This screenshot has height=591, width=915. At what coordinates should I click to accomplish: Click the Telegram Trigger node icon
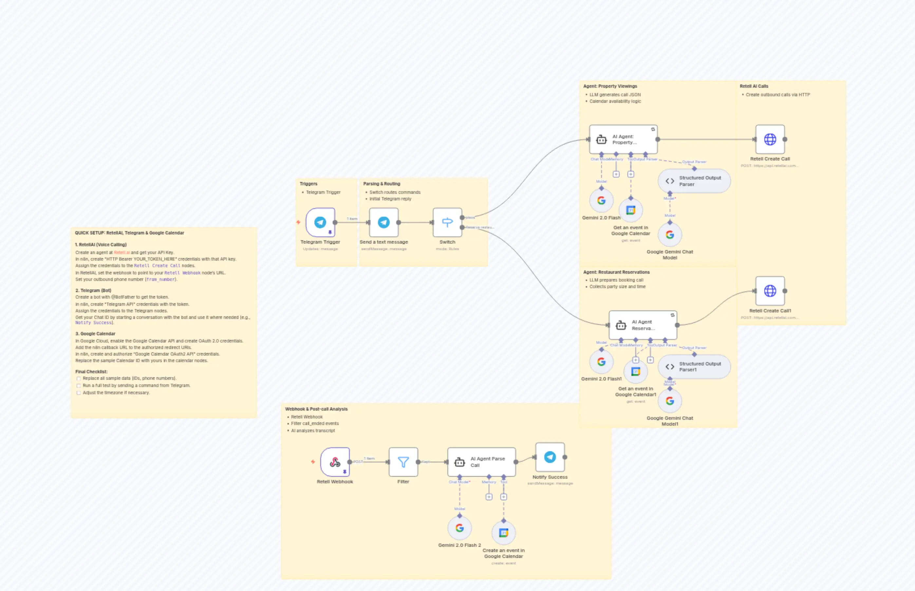(x=320, y=222)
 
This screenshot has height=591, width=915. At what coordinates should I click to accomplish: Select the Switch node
(x=447, y=222)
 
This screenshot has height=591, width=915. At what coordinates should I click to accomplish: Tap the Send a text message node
(x=383, y=222)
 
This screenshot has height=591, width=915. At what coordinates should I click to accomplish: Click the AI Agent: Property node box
(x=623, y=139)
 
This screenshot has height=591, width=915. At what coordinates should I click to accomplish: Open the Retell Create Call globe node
(x=770, y=139)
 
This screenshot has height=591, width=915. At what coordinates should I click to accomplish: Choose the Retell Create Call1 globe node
(x=770, y=291)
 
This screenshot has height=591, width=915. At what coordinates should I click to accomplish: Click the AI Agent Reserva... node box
(x=643, y=325)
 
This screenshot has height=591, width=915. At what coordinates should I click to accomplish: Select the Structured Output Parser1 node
(x=694, y=366)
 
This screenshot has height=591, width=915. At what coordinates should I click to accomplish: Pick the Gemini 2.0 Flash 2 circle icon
(x=459, y=528)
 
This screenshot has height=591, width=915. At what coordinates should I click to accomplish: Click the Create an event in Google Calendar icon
(x=504, y=533)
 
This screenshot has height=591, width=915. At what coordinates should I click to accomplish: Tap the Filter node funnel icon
(x=403, y=462)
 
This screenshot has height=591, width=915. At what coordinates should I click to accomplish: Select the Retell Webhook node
(x=335, y=462)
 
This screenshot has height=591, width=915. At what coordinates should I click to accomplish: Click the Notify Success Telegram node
(x=550, y=457)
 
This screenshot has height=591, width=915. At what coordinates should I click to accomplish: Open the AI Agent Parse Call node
(x=481, y=462)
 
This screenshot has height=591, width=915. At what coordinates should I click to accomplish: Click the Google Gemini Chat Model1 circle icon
(x=670, y=401)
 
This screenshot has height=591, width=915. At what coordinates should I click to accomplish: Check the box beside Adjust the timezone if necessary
(x=79, y=393)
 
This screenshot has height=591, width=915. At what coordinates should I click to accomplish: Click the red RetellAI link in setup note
(x=122, y=252)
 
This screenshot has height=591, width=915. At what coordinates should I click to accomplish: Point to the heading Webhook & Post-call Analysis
(x=316, y=409)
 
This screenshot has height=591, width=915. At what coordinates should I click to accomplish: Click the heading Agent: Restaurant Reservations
(x=616, y=272)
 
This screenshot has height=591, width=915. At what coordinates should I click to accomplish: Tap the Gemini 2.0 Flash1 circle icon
(x=601, y=362)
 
